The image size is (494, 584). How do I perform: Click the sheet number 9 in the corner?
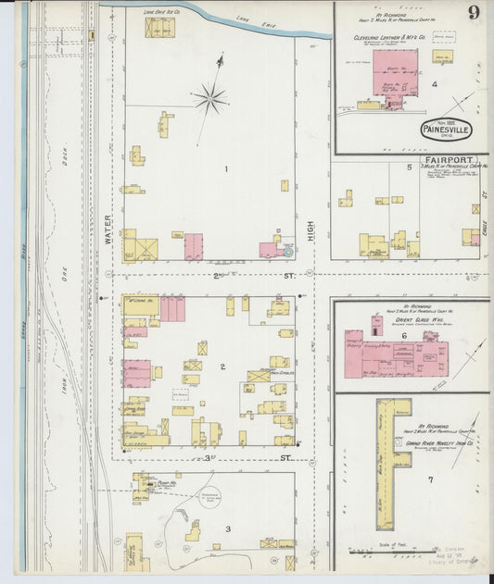474,13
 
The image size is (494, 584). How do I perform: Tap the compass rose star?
210,96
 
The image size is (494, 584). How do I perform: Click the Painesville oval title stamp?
447,130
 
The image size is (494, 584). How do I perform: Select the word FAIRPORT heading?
450,159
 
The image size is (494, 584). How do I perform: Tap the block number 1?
225,168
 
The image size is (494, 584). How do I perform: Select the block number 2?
222,367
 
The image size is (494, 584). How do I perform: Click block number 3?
227,528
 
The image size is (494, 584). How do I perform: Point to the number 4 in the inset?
434,84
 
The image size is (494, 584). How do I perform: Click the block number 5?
409,168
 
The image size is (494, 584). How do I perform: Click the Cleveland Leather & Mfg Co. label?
388,38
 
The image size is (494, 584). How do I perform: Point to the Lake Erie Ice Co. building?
158,27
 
